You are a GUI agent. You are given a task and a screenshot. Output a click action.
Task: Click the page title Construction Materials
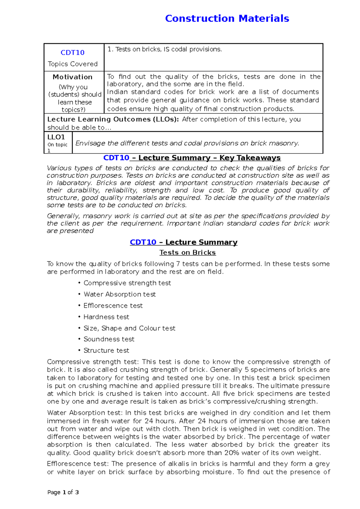(227, 19)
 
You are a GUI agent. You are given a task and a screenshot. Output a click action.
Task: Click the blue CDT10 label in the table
(72, 53)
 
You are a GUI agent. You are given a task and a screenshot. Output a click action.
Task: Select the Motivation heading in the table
(72, 77)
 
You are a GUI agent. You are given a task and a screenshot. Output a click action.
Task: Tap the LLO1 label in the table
(56, 137)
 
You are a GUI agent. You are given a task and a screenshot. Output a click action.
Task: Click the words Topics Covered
(73, 64)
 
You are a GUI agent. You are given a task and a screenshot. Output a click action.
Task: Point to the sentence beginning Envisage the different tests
(187, 143)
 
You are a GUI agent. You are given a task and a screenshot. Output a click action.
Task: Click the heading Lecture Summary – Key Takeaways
(209, 158)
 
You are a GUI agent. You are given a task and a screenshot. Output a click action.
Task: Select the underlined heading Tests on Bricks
(187, 253)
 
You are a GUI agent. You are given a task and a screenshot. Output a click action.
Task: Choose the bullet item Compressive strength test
(127, 283)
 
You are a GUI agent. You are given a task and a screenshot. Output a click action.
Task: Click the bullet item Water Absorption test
(120, 294)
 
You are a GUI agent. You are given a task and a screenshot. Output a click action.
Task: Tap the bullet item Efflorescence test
(113, 306)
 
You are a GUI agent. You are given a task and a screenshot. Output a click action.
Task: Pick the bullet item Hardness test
(106, 317)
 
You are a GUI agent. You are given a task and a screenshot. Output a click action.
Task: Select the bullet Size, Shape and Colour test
(129, 328)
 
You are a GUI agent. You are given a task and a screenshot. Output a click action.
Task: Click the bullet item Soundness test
(109, 339)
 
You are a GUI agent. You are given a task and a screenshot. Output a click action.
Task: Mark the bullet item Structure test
(106, 350)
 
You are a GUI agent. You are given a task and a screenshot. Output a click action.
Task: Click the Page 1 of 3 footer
(63, 492)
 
